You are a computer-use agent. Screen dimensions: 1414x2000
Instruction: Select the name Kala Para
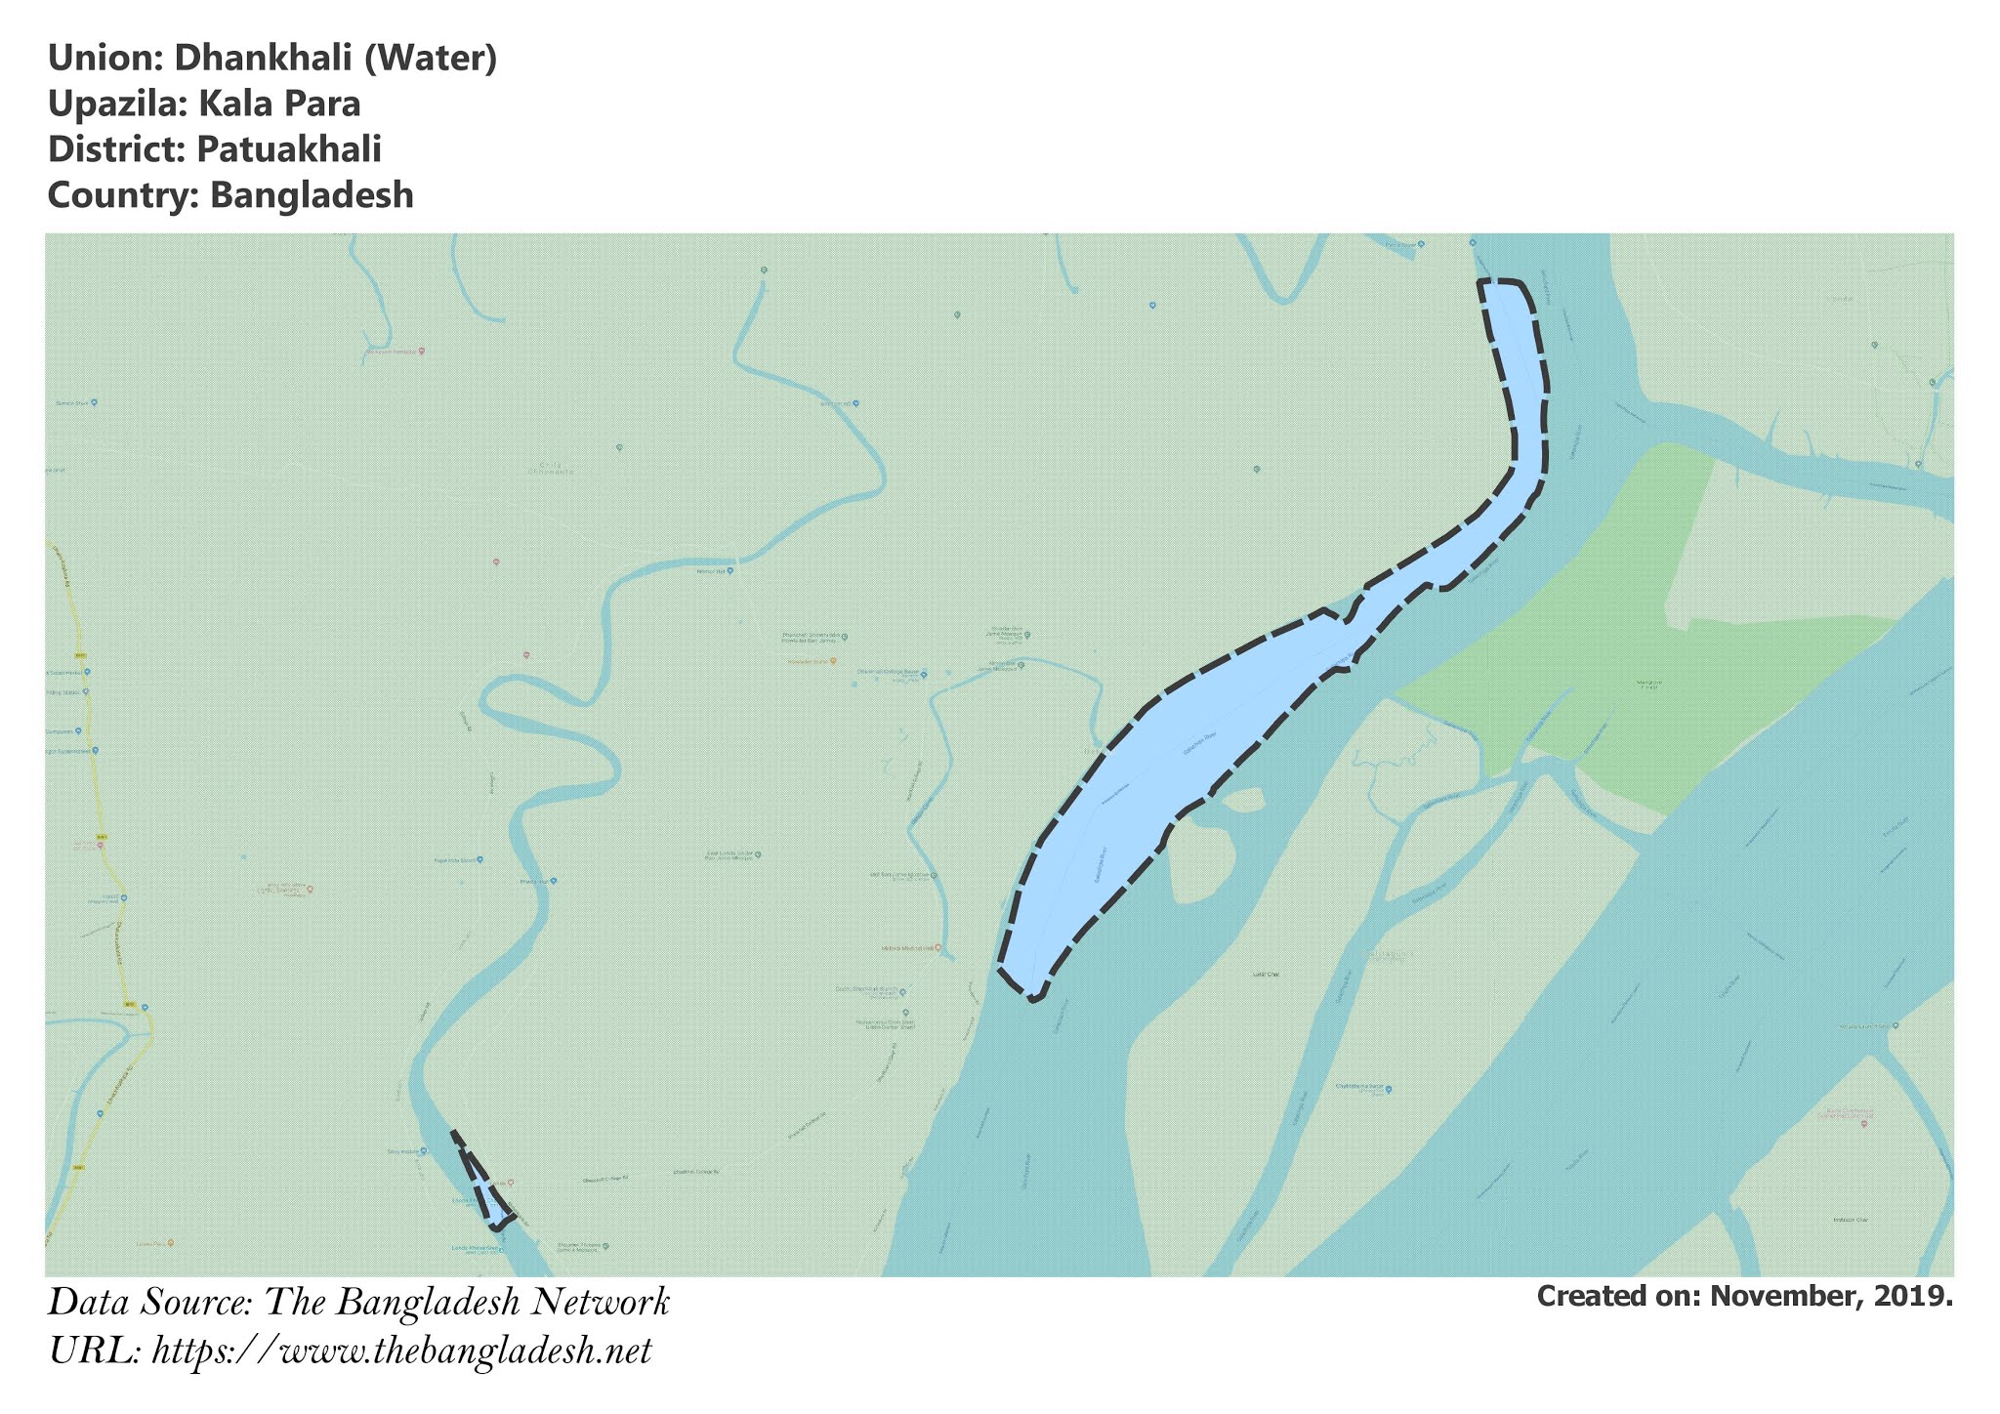279,104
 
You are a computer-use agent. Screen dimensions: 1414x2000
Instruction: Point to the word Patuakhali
288,149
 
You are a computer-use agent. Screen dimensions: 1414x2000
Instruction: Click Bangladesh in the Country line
312,195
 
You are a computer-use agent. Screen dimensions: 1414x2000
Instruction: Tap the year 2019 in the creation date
1914,1296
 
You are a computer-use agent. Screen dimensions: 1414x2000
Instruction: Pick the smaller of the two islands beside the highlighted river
1243,801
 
